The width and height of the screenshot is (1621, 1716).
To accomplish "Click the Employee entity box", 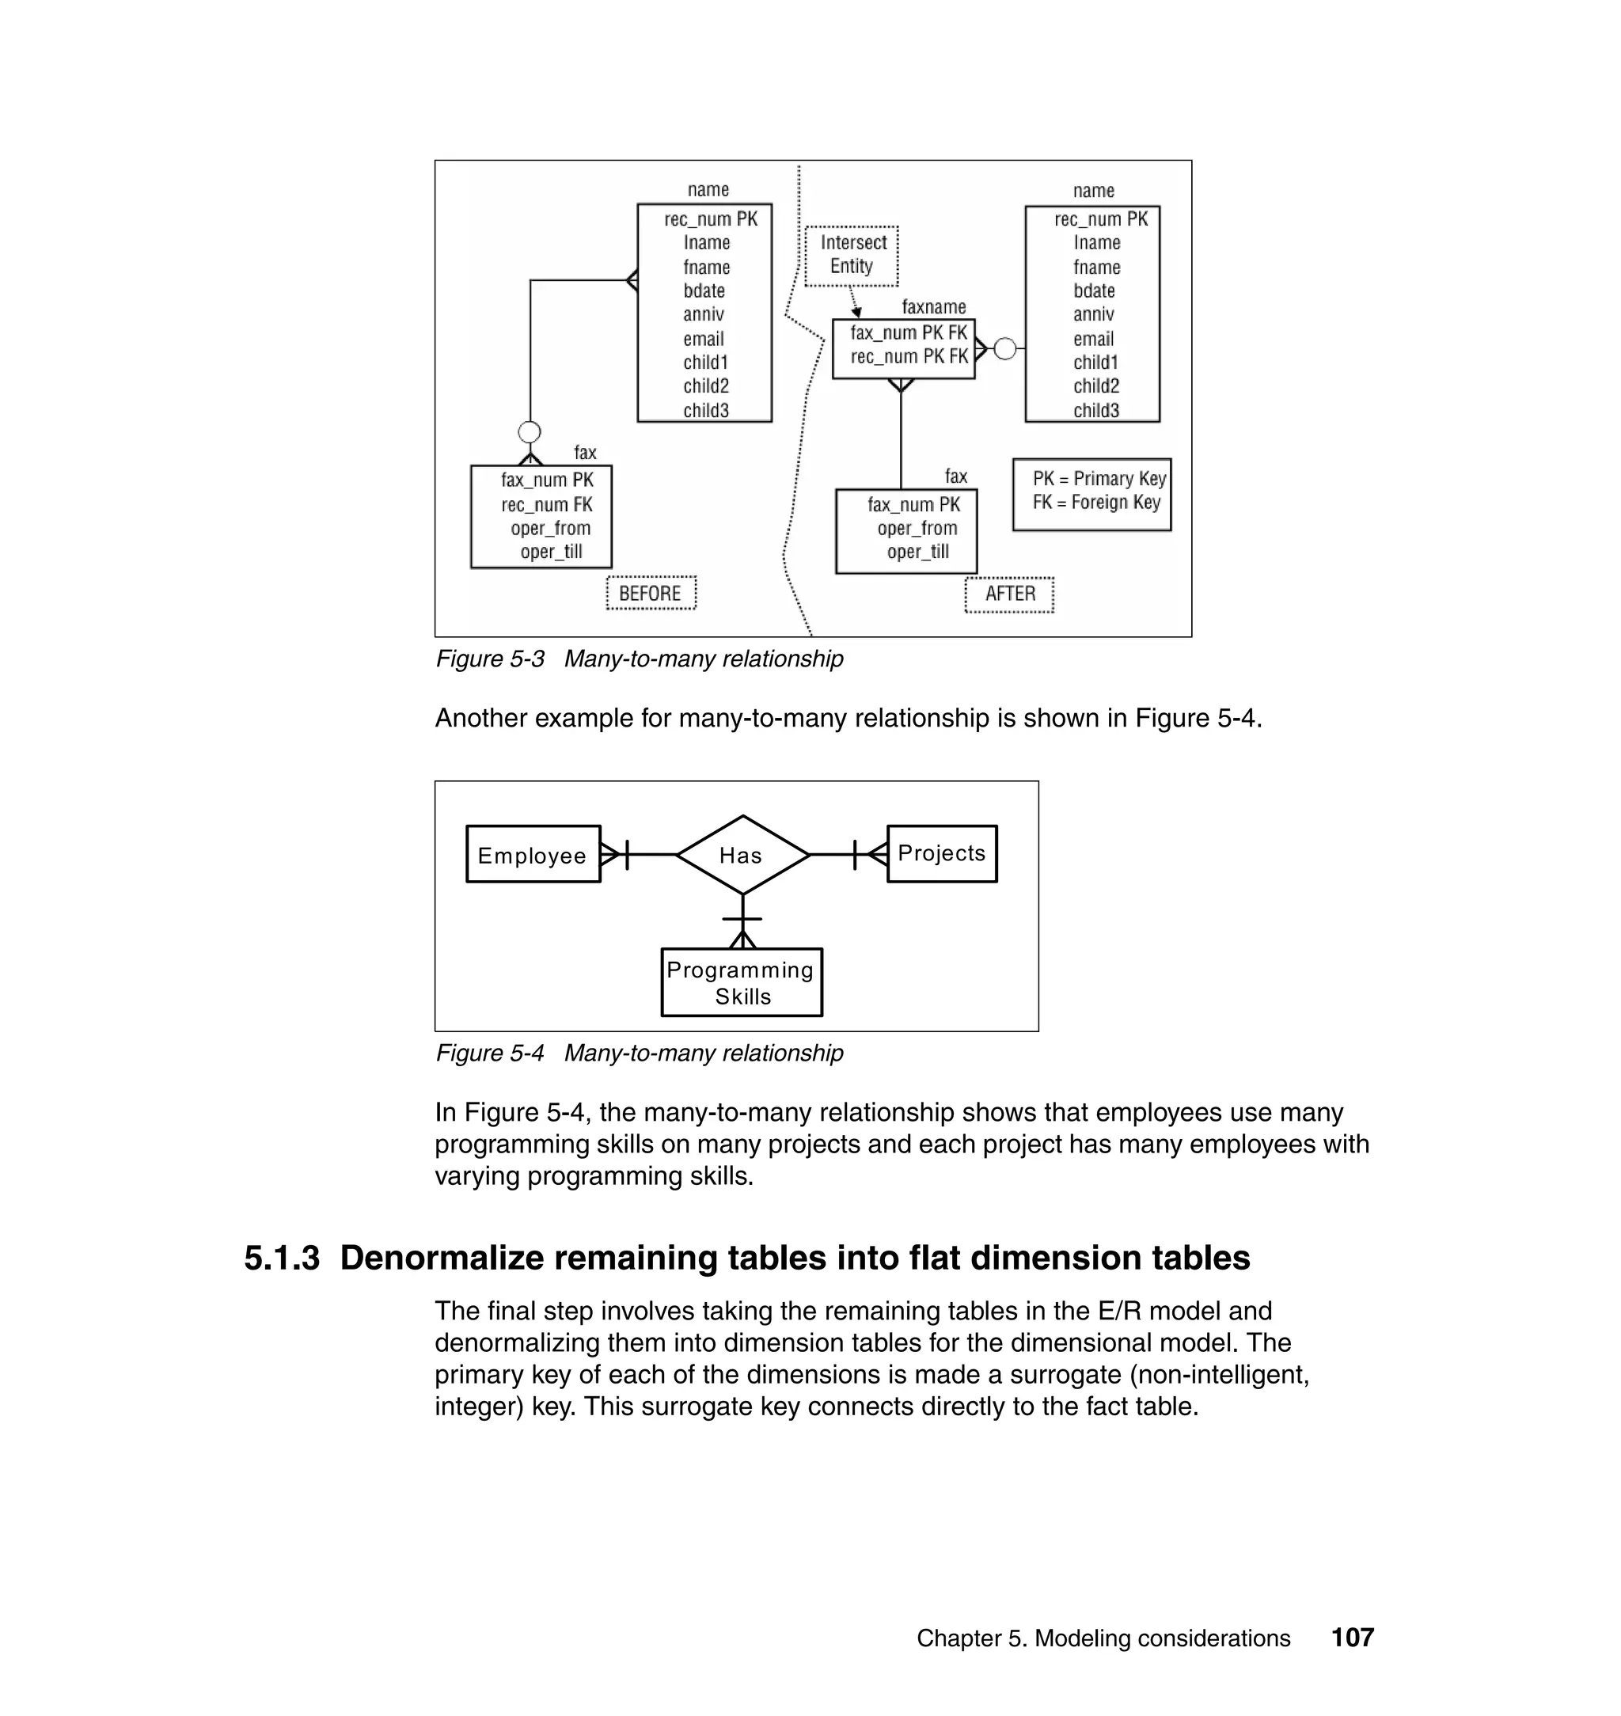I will (x=532, y=854).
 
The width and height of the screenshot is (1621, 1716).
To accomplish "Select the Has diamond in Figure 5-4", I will (x=742, y=855).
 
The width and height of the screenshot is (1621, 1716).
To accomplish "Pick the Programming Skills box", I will (x=742, y=982).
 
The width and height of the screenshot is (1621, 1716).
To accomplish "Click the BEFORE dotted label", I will (x=651, y=594).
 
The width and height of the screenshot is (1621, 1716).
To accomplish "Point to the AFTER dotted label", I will (x=1009, y=594).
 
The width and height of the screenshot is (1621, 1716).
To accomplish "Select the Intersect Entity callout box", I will (x=852, y=255).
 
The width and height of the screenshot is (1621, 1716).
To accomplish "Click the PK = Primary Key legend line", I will (x=1099, y=479).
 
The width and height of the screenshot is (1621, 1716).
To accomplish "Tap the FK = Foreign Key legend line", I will (x=1095, y=503).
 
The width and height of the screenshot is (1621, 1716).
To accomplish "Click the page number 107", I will (x=1352, y=1638).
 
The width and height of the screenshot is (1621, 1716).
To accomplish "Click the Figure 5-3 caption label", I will (x=490, y=659).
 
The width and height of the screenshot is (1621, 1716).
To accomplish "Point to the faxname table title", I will (x=933, y=307).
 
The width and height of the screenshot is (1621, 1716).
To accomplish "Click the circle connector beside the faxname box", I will (x=1005, y=349).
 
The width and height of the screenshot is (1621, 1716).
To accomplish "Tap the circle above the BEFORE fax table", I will (x=529, y=432).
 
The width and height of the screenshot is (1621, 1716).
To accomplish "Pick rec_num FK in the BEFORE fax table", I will (x=547, y=505).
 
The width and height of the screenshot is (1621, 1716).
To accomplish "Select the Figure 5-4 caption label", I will (x=490, y=1054).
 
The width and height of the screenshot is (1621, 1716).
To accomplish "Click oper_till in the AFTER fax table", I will (x=917, y=552).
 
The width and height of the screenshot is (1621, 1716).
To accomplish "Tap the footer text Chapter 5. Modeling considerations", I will (x=1103, y=1638).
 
